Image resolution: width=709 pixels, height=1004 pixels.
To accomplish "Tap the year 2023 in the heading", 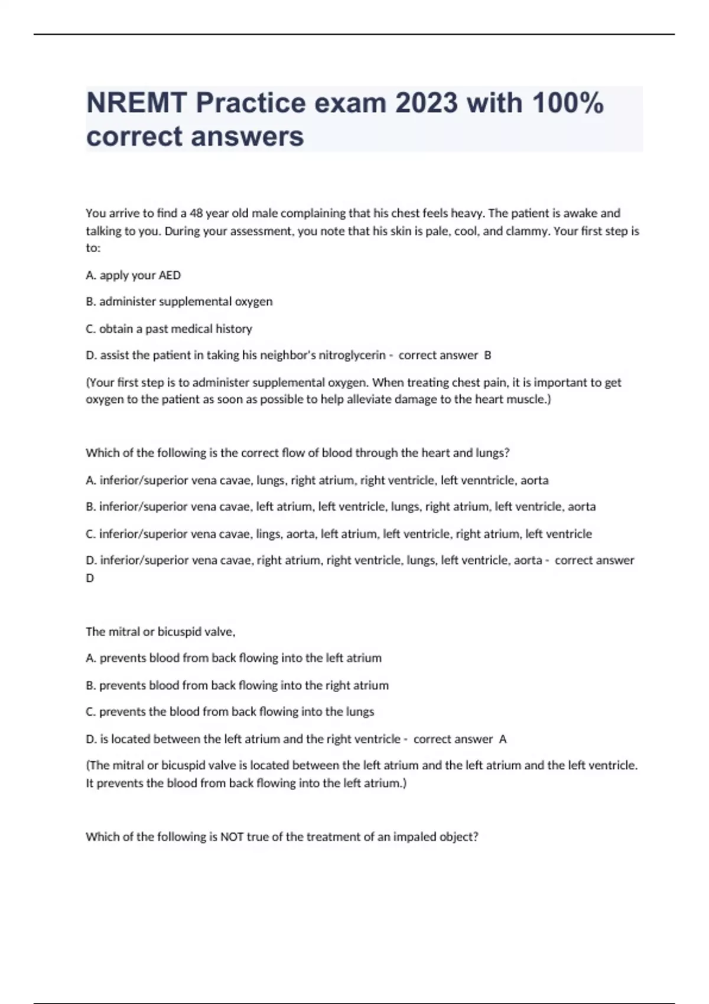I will (x=426, y=103).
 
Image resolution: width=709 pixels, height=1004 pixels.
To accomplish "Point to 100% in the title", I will (x=568, y=103).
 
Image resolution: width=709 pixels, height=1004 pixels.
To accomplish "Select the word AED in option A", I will (x=170, y=275).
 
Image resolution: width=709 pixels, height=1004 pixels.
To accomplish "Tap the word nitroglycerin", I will (x=352, y=356).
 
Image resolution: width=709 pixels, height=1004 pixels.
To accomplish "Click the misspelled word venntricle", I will (x=486, y=480).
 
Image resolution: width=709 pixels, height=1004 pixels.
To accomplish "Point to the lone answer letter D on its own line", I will (x=90, y=578).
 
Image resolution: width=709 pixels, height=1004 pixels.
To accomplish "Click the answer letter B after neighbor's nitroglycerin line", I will (x=487, y=356).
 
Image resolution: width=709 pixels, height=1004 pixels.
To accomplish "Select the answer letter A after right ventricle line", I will (x=503, y=739).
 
